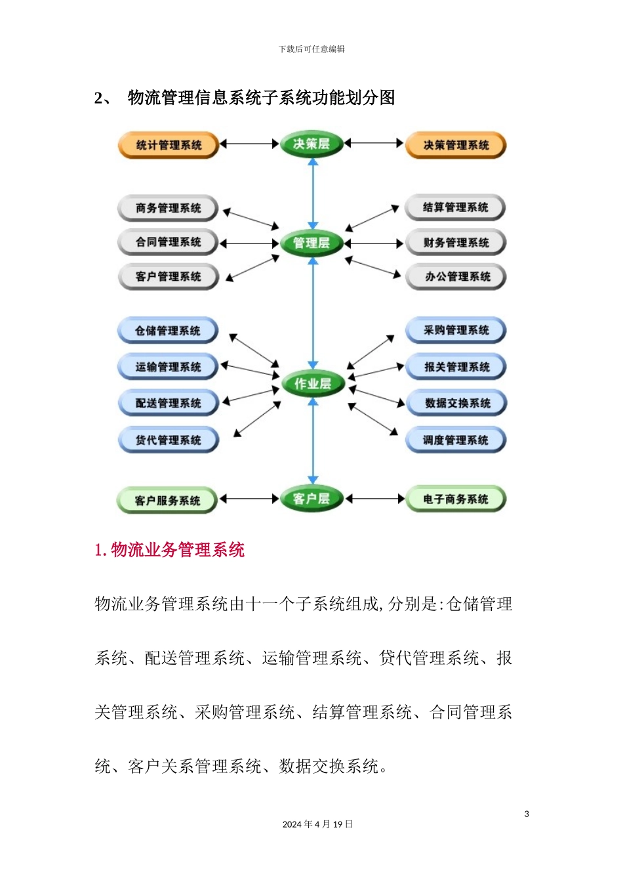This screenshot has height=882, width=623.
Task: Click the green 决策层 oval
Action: (x=311, y=144)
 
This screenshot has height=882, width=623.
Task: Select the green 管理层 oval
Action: (x=311, y=243)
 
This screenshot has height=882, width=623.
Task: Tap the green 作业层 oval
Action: (x=313, y=384)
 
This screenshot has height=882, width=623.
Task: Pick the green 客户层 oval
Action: (x=311, y=499)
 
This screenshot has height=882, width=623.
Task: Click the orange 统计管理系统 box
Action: (x=168, y=146)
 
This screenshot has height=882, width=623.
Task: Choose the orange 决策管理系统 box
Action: (x=456, y=146)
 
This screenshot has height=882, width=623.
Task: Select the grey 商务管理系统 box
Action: (x=168, y=209)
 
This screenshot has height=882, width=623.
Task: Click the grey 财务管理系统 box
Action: (x=456, y=243)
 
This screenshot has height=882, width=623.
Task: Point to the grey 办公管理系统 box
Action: (x=457, y=277)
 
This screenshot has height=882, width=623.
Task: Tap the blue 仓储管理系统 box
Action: (x=168, y=331)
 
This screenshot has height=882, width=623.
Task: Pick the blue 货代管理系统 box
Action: (x=168, y=440)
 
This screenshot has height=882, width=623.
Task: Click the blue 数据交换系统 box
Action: (x=457, y=404)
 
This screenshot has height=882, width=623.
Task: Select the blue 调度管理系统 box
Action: (x=456, y=440)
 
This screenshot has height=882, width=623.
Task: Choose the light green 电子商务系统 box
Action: (x=456, y=499)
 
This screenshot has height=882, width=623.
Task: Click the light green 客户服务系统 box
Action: (x=167, y=501)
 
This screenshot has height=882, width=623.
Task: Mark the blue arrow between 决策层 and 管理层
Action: (x=313, y=194)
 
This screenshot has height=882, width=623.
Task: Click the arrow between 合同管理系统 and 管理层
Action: (x=249, y=243)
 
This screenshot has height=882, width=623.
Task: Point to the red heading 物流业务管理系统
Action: (x=169, y=550)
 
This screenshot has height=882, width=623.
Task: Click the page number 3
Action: (x=527, y=814)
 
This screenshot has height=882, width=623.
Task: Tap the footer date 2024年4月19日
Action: (x=317, y=824)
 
